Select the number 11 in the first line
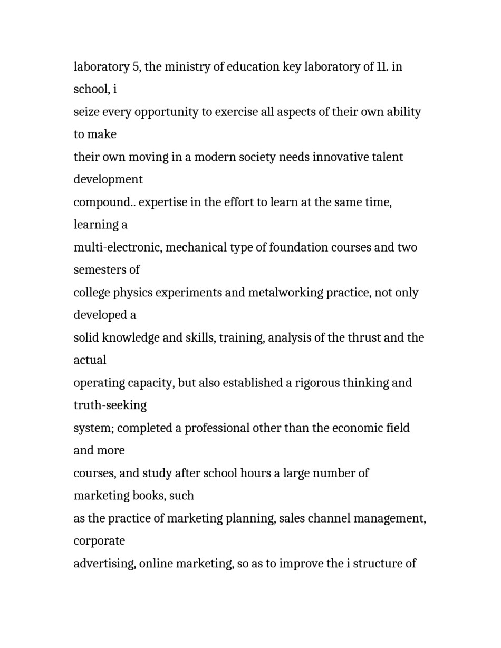[382, 67]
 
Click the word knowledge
[130, 337]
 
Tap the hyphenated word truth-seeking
[110, 405]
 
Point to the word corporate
[99, 541]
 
